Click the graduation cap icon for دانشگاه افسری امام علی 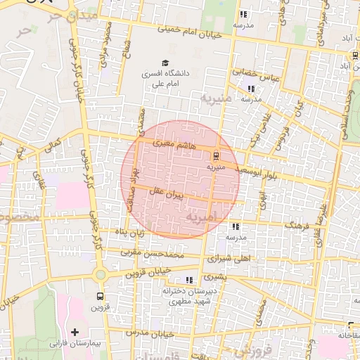(165, 63)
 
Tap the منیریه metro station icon (216, 156)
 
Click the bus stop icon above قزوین (99, 296)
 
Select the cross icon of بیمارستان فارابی (75, 331)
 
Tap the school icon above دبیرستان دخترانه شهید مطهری (188, 280)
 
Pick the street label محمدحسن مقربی (151, 251)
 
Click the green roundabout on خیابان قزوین (101, 274)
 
